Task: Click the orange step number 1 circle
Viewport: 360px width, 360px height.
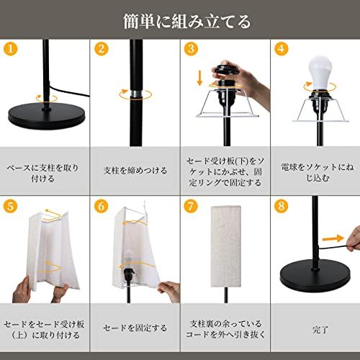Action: pos(11,49)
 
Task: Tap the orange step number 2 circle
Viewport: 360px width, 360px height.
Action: pos(102,49)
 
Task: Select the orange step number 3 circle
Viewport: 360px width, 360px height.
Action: pos(192,49)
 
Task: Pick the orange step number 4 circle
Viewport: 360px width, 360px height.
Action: pos(282,49)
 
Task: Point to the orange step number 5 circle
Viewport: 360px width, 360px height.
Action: pos(11,206)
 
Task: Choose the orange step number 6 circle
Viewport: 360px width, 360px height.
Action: pos(102,206)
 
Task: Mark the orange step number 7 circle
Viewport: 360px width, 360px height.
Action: pos(192,206)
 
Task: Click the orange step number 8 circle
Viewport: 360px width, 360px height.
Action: pos(282,206)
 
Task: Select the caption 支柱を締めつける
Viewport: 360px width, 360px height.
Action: pos(135,171)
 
